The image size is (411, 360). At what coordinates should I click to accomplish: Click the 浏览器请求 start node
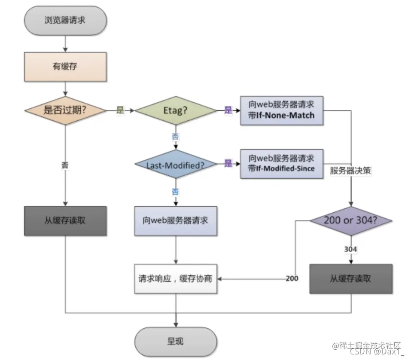[x=64, y=20]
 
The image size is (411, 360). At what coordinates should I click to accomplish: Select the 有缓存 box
[x=64, y=66]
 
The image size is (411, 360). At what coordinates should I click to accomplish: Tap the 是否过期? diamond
[x=65, y=110]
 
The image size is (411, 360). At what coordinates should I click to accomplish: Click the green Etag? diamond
[x=176, y=110]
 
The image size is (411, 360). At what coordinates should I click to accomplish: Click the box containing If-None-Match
[x=281, y=110]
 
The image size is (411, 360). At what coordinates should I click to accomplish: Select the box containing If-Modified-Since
[x=281, y=164]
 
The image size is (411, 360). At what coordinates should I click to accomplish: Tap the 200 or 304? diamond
[x=351, y=221]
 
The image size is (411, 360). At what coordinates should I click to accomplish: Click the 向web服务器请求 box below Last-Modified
[x=176, y=220]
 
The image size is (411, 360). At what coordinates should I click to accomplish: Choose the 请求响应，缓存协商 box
[x=176, y=279]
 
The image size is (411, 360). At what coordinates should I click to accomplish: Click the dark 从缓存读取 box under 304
[x=351, y=279]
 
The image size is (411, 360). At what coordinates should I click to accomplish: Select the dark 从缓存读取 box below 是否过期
[x=65, y=220]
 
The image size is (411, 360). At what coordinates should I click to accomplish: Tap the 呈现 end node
[x=175, y=342]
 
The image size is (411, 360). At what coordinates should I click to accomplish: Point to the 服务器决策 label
[x=350, y=171]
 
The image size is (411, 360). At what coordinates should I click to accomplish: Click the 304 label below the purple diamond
[x=351, y=248]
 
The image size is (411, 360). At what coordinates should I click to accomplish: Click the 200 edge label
[x=292, y=278]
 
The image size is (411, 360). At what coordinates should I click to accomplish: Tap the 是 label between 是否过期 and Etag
[x=120, y=110]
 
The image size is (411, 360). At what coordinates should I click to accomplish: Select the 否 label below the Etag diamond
[x=176, y=137]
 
